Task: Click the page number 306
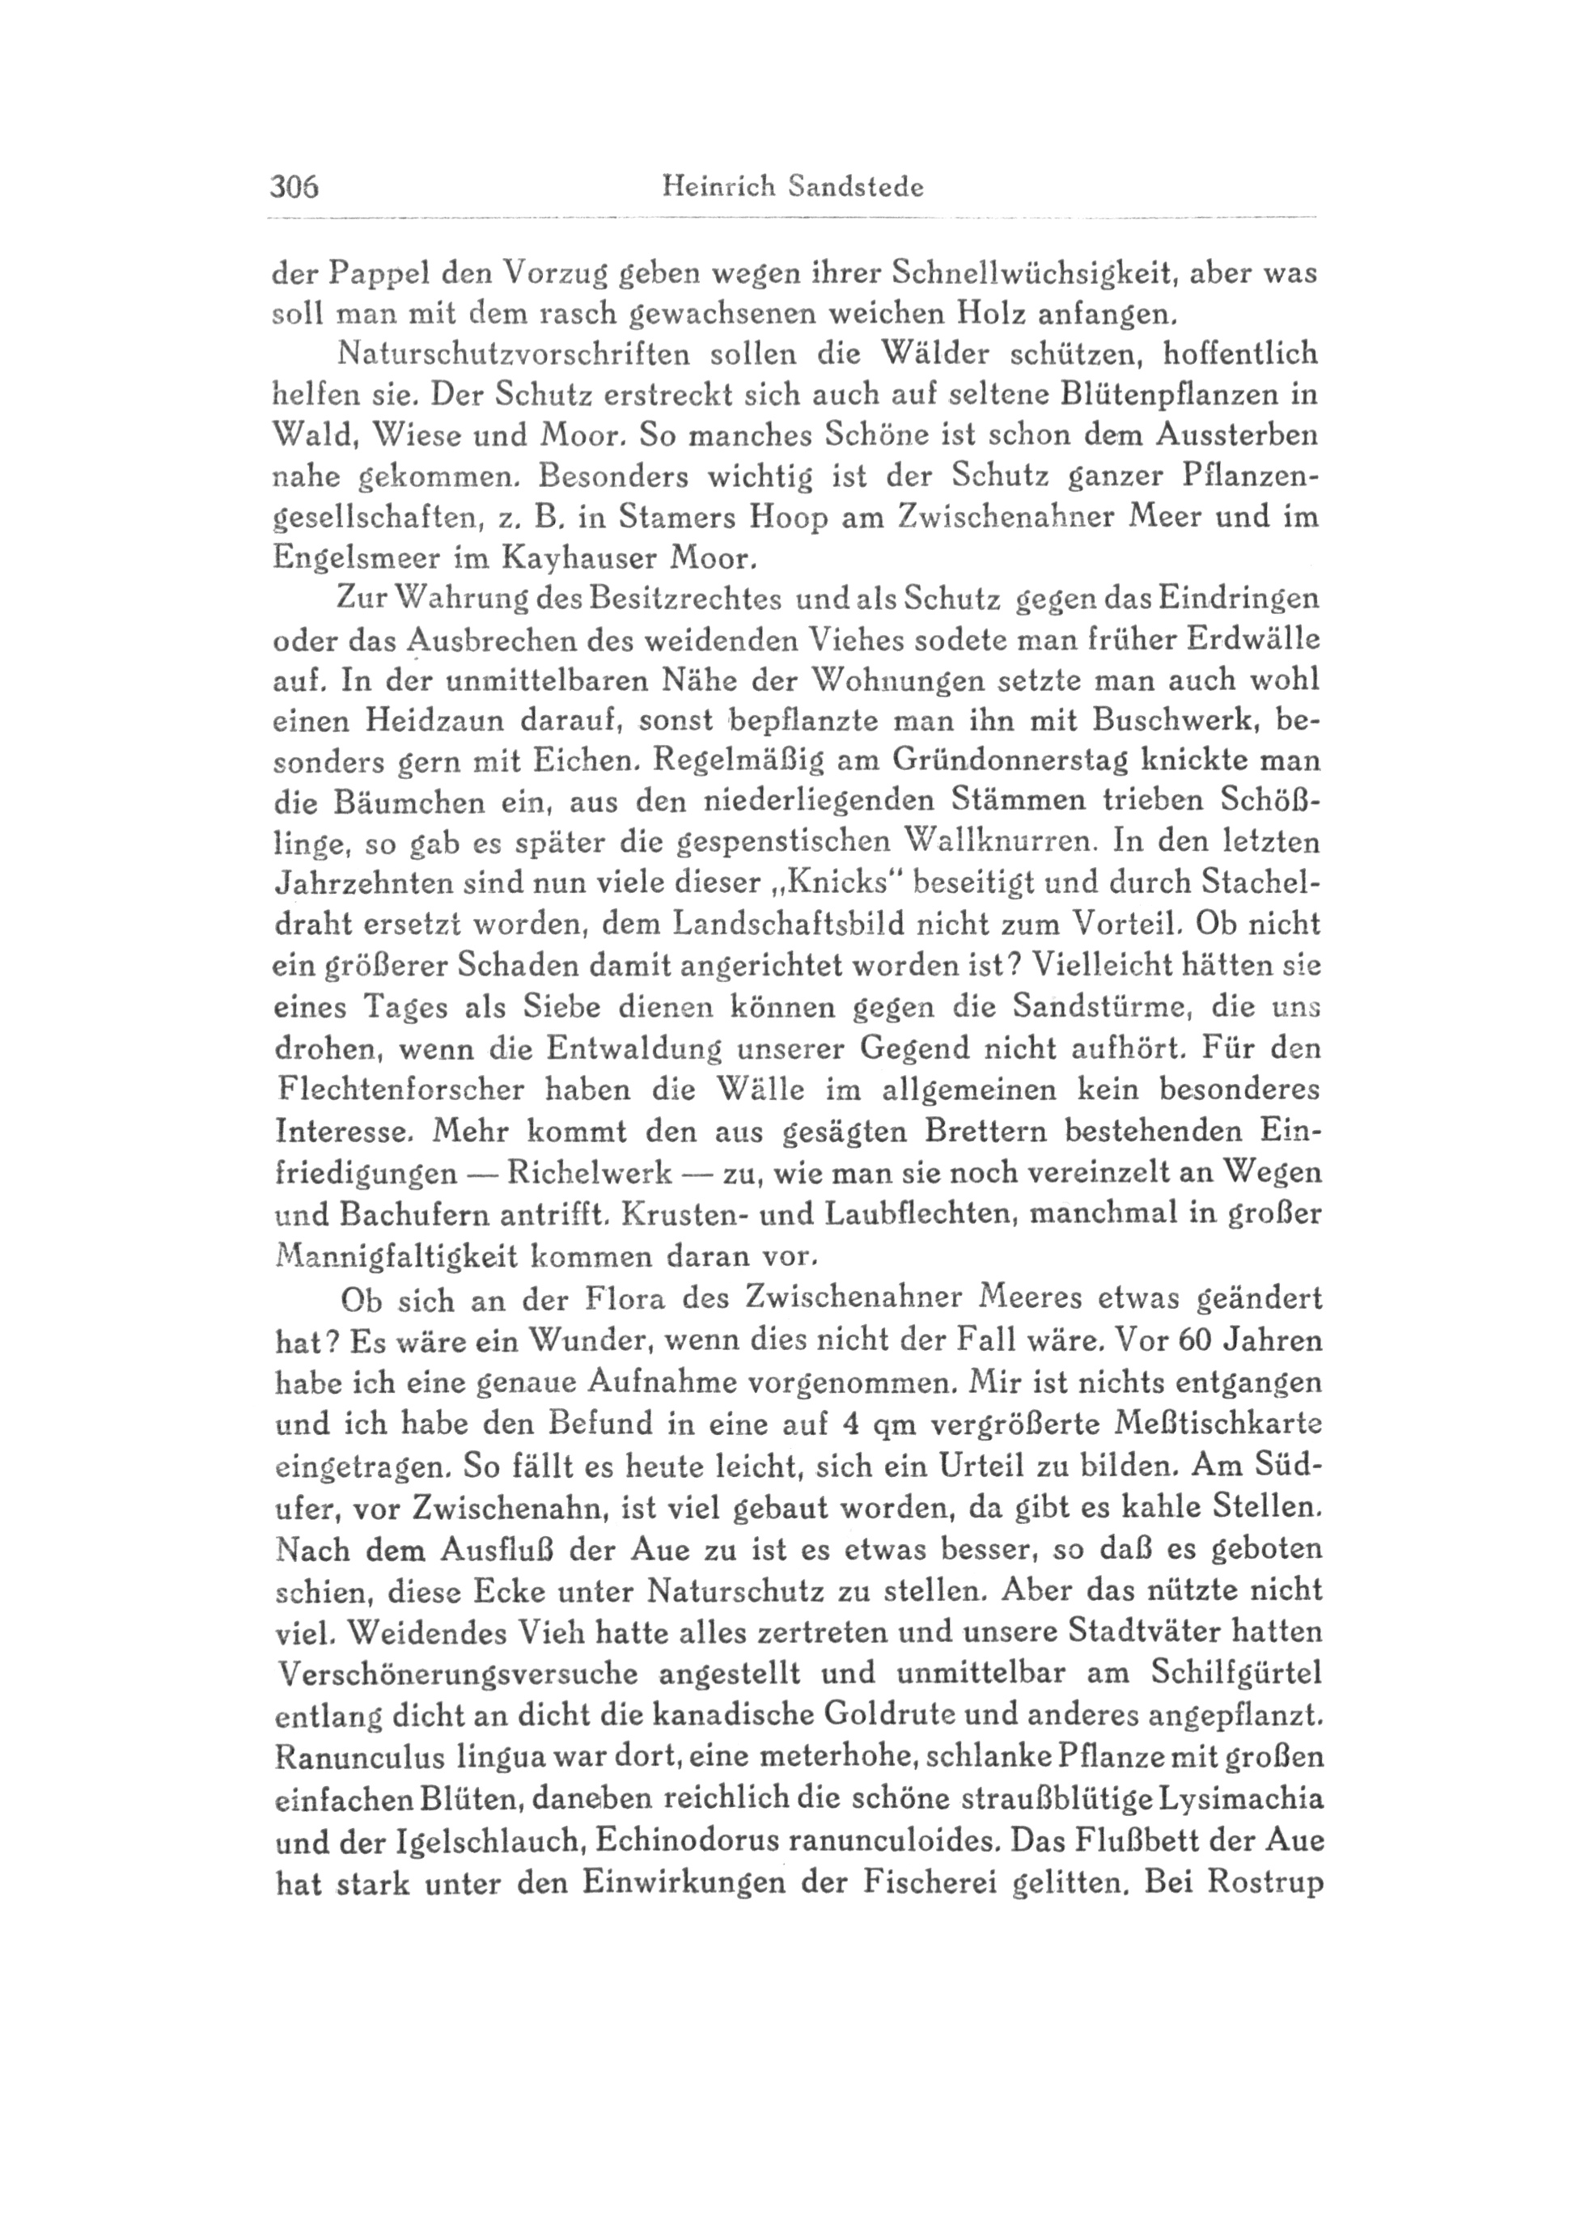(x=295, y=186)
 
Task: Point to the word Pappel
(x=375, y=274)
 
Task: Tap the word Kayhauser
(x=565, y=558)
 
